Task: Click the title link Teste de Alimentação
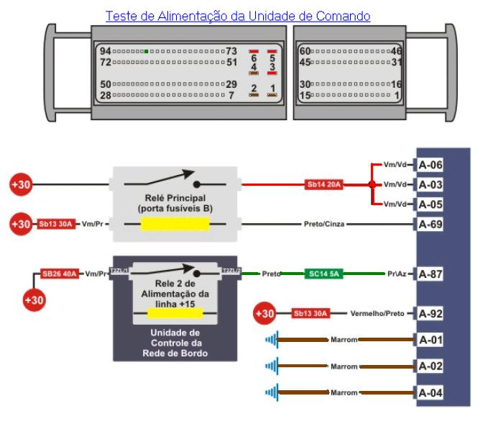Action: [x=238, y=15]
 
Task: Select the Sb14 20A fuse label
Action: [x=324, y=184]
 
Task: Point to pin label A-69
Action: [x=430, y=224]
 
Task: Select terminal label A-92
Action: [x=430, y=313]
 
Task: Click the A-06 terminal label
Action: [x=430, y=165]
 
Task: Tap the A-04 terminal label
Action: [x=430, y=392]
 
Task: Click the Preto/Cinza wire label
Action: [x=324, y=224]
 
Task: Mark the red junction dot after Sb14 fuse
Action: [x=372, y=184]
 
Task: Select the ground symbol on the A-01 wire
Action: [x=271, y=339]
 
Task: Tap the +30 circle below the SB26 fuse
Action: [x=34, y=298]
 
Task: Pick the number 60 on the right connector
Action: [x=304, y=51]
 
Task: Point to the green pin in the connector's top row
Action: [x=146, y=51]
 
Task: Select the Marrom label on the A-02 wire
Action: [x=344, y=366]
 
